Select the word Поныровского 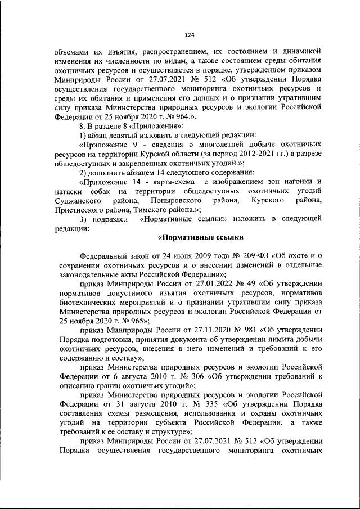click(177, 200)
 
